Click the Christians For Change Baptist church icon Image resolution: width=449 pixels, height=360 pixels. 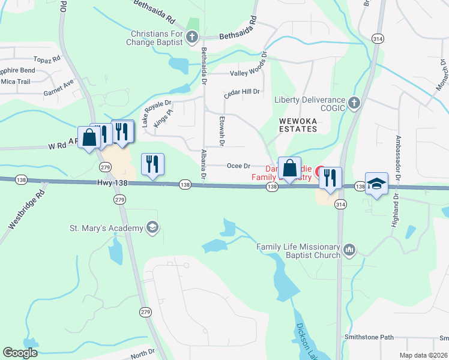[x=192, y=38]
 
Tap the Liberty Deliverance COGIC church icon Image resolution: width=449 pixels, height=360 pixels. [x=354, y=103]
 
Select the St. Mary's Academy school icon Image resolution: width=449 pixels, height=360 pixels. [x=152, y=227]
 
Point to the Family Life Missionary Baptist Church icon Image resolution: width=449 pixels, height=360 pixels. [x=349, y=248]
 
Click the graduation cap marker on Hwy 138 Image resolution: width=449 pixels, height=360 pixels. [x=376, y=184]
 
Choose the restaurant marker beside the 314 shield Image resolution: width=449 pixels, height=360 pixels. [x=330, y=178]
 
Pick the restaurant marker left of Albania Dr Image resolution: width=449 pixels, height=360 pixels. [x=152, y=164]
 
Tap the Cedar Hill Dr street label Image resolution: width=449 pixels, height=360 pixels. [x=241, y=92]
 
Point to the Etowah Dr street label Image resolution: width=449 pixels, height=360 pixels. [x=221, y=131]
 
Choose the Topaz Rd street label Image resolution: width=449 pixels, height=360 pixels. [x=48, y=60]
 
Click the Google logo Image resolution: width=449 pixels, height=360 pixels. [x=20, y=353]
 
